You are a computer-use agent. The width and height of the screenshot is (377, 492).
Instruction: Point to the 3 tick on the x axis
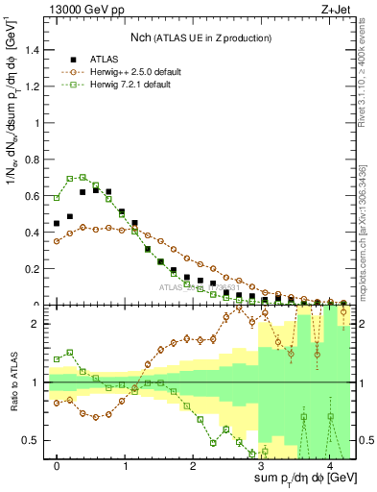262,466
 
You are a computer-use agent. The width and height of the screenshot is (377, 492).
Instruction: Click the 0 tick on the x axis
58,466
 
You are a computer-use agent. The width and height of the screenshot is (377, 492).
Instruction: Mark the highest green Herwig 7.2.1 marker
83,177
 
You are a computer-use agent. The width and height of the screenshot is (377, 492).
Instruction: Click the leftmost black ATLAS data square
57,223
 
